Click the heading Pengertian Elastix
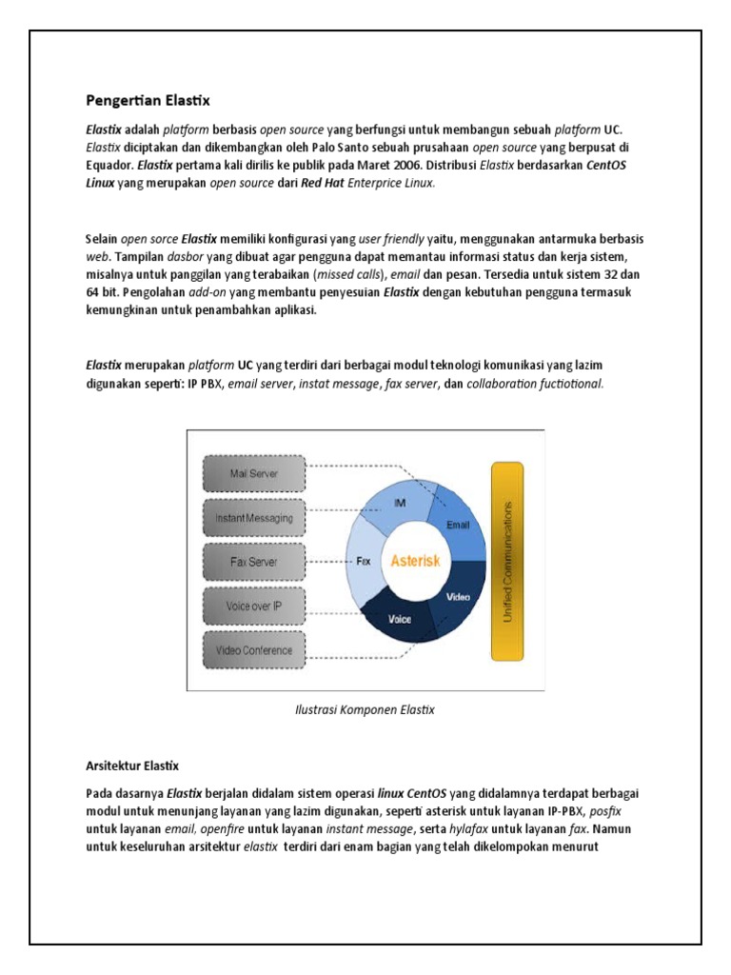point(148,100)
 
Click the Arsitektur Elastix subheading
point(132,766)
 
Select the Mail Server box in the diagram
point(253,473)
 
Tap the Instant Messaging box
point(253,518)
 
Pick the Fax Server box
point(253,562)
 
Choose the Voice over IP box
point(253,607)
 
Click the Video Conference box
point(253,651)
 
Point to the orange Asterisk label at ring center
point(415,561)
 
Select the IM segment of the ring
point(402,502)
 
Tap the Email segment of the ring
point(458,523)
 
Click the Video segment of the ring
point(458,597)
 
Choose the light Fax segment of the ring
point(363,562)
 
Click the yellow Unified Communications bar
point(507,561)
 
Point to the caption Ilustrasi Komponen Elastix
point(365,710)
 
